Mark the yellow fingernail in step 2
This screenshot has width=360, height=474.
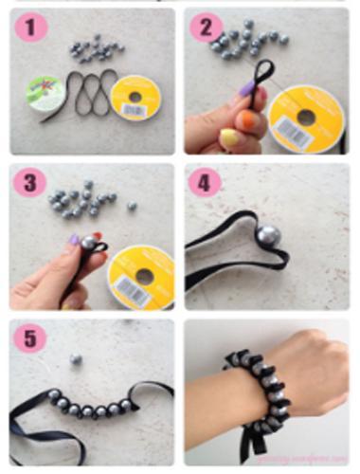229,140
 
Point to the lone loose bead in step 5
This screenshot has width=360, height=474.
75,359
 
